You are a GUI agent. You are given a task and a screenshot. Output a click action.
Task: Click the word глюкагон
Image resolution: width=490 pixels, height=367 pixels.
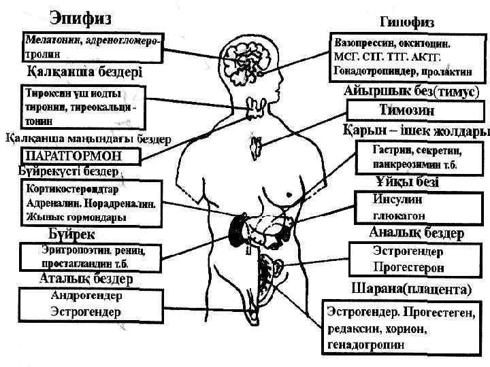click(x=399, y=215)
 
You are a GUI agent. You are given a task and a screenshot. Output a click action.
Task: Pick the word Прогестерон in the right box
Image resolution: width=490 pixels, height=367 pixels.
click(x=408, y=266)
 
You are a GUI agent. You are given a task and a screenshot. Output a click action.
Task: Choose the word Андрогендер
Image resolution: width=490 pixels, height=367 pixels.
click(x=86, y=296)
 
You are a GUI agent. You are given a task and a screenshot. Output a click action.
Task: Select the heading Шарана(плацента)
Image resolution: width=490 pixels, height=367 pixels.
click(x=411, y=289)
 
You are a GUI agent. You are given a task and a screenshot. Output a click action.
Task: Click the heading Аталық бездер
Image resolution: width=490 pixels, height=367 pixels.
click(x=85, y=279)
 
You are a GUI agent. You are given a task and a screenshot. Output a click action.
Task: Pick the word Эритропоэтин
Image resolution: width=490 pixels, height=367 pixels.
click(x=69, y=250)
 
